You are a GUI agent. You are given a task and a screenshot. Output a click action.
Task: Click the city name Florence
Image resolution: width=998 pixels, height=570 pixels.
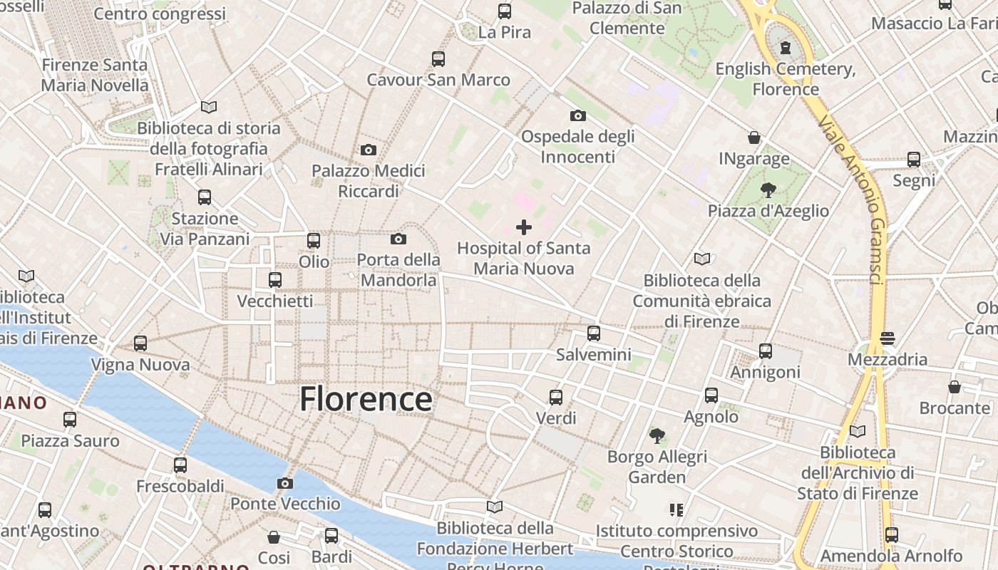(x=366, y=399)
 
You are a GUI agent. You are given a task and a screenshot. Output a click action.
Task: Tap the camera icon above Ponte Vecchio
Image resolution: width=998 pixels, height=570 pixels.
(x=285, y=484)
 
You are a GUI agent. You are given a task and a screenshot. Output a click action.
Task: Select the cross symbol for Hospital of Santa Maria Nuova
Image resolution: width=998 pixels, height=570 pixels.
(x=524, y=227)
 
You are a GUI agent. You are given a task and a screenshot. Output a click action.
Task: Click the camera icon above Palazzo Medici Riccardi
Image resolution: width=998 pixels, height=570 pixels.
(x=369, y=150)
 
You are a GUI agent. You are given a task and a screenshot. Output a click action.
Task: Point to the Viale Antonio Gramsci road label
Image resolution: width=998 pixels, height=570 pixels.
(x=853, y=200)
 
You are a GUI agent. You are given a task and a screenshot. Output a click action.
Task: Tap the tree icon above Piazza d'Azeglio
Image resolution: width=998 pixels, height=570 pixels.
(x=768, y=190)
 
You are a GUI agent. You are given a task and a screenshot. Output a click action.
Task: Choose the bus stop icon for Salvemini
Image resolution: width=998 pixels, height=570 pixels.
(x=594, y=333)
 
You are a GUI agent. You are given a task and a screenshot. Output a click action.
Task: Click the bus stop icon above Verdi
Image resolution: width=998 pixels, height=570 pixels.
(x=556, y=397)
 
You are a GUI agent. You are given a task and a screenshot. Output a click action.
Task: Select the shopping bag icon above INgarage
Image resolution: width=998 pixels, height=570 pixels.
(x=754, y=138)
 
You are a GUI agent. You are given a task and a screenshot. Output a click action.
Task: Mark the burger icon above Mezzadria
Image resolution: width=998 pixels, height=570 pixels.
(x=888, y=338)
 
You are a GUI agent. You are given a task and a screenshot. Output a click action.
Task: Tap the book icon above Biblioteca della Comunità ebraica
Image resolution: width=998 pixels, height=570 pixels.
(x=702, y=259)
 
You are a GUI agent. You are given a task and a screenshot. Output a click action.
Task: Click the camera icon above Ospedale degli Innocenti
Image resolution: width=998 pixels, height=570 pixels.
(x=577, y=115)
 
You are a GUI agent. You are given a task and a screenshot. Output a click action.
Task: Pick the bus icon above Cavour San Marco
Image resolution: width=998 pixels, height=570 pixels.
(x=438, y=59)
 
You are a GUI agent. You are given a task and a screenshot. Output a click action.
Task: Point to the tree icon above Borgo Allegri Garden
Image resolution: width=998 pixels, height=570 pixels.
(x=657, y=435)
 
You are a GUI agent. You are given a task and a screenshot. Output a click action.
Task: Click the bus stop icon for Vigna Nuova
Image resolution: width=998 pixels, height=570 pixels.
(x=140, y=343)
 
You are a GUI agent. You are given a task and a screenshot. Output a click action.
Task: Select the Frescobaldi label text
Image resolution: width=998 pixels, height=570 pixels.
(x=180, y=487)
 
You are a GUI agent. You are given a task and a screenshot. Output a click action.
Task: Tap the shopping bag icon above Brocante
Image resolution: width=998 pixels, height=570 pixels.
(x=955, y=387)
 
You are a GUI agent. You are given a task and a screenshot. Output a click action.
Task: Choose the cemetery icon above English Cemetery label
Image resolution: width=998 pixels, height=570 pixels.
(x=786, y=48)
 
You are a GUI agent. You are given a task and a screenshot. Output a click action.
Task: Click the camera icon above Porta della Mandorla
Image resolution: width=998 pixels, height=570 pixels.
(x=398, y=239)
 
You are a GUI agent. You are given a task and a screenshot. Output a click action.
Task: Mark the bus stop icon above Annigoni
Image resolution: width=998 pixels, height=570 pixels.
(x=766, y=351)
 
